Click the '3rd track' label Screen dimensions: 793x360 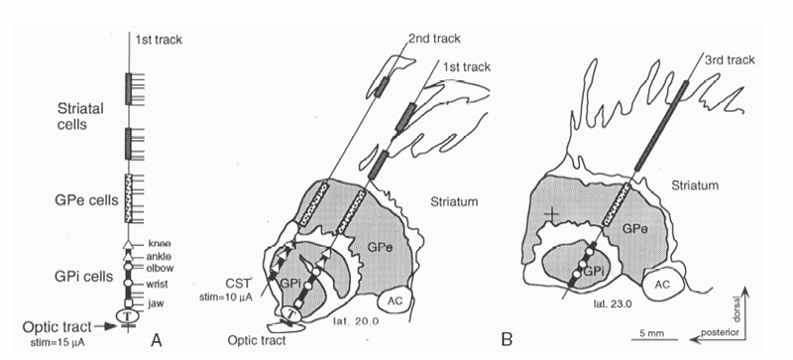click(730, 60)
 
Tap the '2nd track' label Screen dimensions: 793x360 click(435, 39)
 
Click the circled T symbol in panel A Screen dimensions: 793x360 click(127, 315)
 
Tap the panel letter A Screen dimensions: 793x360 click(157, 341)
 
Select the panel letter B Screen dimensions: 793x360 click(507, 339)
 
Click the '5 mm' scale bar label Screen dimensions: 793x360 click(650, 333)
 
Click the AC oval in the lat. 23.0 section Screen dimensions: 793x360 click(663, 284)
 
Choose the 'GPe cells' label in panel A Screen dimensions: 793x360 click(86, 200)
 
